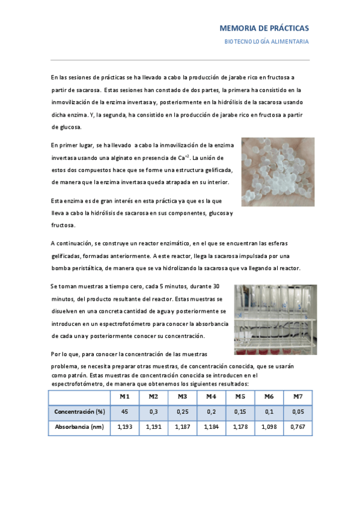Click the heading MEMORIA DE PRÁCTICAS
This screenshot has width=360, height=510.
[264, 28]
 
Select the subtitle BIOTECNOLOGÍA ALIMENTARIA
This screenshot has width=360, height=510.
[266, 41]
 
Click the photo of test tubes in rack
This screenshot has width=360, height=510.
[275, 320]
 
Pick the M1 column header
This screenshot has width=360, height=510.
[124, 397]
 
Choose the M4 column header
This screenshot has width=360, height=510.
[211, 397]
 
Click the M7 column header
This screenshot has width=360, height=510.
[297, 397]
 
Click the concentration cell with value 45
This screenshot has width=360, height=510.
[124, 412]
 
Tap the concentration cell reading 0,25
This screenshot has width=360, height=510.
[182, 412]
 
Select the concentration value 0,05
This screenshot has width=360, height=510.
[297, 412]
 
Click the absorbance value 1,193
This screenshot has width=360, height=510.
[124, 427]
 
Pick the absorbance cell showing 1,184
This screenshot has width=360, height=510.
[211, 427]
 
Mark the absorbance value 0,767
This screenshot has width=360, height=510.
[297, 427]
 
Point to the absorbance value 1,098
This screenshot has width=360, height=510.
[269, 427]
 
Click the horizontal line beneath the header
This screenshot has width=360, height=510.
[180, 60]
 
